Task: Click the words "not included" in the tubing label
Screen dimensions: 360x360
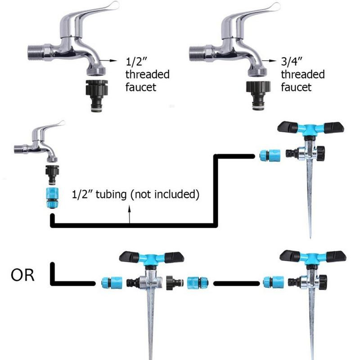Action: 164,195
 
